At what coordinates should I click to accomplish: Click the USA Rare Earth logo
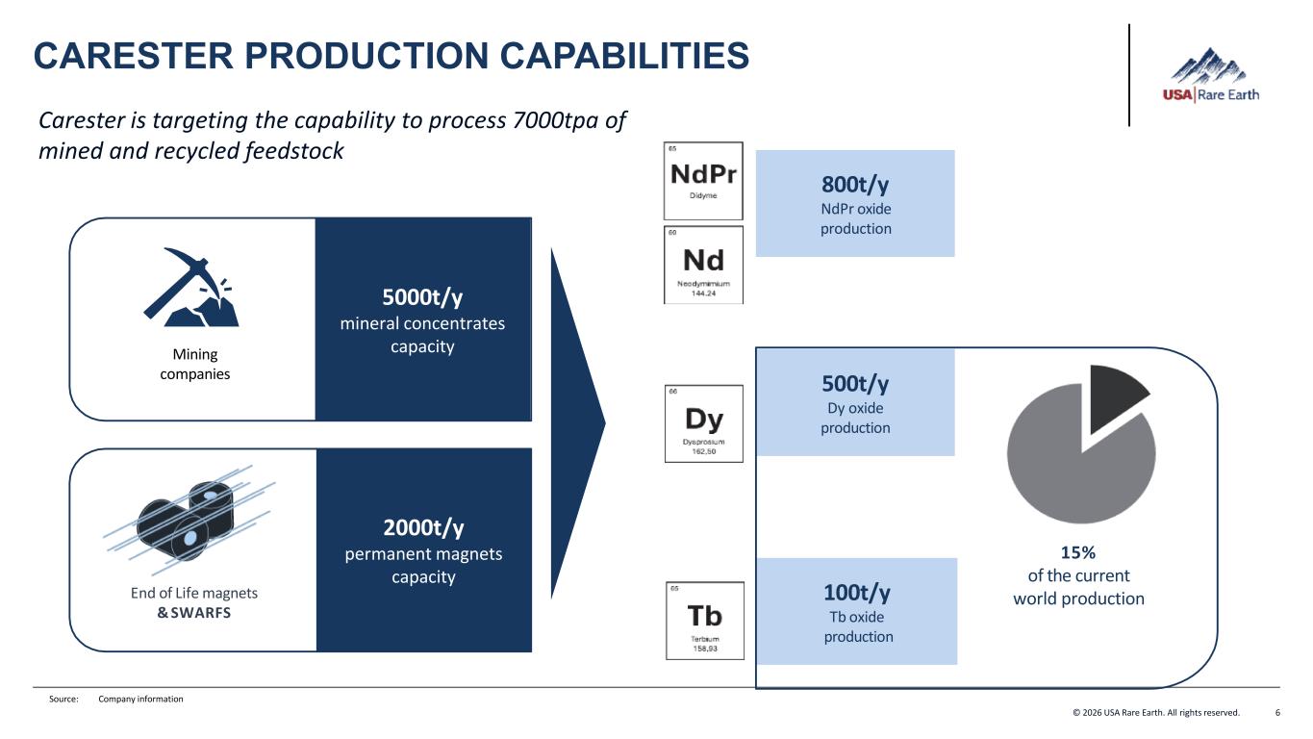(1210, 76)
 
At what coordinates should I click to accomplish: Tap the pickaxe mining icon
(193, 287)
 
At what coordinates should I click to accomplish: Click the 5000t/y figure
(422, 296)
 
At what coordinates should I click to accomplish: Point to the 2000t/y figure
(423, 527)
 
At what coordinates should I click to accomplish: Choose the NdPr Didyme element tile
(703, 181)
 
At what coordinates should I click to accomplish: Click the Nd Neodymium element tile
(703, 265)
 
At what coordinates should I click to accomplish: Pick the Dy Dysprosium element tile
(703, 423)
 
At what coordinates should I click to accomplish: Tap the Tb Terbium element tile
(704, 620)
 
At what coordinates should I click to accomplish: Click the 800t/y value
(855, 184)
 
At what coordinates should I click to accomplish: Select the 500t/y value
(855, 383)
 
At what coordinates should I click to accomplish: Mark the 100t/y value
(857, 591)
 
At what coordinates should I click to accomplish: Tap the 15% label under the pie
(1077, 552)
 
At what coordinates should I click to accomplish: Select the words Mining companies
(195, 364)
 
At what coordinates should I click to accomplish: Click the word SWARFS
(202, 612)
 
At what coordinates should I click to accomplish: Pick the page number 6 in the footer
(1277, 713)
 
